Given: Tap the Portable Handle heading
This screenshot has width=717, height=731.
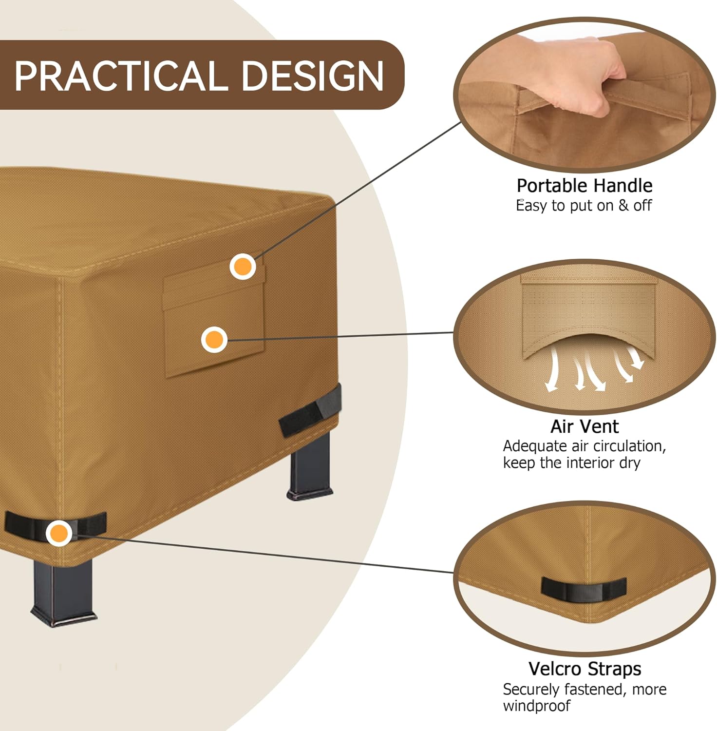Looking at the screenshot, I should pyautogui.click(x=584, y=186).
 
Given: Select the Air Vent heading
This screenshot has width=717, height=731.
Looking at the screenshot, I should pyautogui.click(x=584, y=426).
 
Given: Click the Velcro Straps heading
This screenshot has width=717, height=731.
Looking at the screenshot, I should pyautogui.click(x=584, y=669).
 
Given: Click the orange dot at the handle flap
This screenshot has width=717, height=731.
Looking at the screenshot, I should pyautogui.click(x=243, y=267).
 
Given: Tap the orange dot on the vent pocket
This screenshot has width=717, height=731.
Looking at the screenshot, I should pyautogui.click(x=214, y=340).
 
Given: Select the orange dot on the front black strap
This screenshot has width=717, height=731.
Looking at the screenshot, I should pyautogui.click(x=59, y=533).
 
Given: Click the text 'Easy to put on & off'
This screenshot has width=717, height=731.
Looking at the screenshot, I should pyautogui.click(x=584, y=206).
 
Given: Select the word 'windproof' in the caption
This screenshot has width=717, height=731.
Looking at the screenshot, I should pyautogui.click(x=536, y=706).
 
